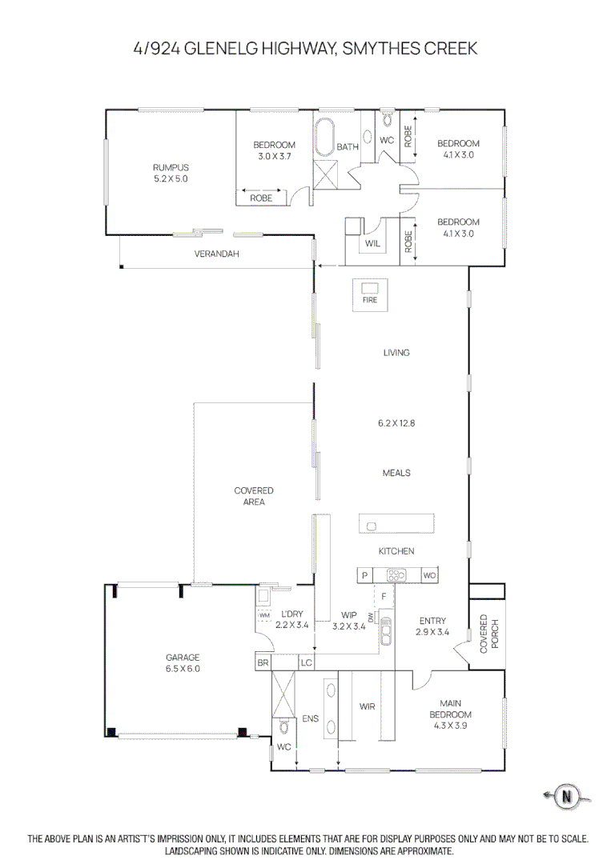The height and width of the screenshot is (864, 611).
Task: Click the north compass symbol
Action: pos(567,796)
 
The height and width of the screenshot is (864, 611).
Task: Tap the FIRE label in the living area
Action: pos(369,300)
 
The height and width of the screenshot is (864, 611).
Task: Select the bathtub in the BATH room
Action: pos(325,139)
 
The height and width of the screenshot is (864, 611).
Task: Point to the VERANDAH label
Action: pos(217,254)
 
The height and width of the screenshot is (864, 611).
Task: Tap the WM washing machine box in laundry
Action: pos(264,614)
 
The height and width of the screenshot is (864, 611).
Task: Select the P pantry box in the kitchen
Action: pos(364,575)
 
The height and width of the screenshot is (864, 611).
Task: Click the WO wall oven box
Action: pos(429,575)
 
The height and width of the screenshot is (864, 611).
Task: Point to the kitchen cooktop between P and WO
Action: pos(396,575)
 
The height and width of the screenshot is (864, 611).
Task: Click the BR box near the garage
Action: pos(263,662)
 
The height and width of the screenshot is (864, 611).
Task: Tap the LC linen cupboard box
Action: pos(306,662)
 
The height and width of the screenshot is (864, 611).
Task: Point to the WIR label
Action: pos(367,706)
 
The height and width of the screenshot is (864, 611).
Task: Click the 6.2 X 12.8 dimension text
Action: pos(396,423)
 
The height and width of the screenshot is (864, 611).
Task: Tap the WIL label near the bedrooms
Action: pos(372,243)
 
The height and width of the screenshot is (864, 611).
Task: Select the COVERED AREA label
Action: pos(254,496)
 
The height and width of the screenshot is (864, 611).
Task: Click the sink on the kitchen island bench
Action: pos(372,526)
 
